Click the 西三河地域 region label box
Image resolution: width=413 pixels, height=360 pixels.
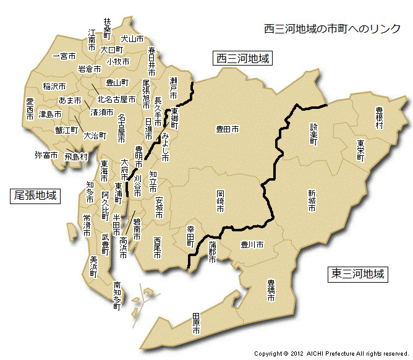click(243, 59)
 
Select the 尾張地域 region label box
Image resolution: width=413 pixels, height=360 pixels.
click(35, 196)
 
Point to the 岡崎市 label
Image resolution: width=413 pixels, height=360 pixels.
click(221, 200)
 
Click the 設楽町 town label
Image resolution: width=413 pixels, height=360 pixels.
click(313, 134)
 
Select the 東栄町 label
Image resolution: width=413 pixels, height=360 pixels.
click(360, 150)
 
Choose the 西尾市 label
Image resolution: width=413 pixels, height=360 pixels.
click(158, 247)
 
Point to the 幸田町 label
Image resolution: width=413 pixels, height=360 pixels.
click(190, 237)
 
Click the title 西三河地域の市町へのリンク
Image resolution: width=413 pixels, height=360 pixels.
click(332, 29)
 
